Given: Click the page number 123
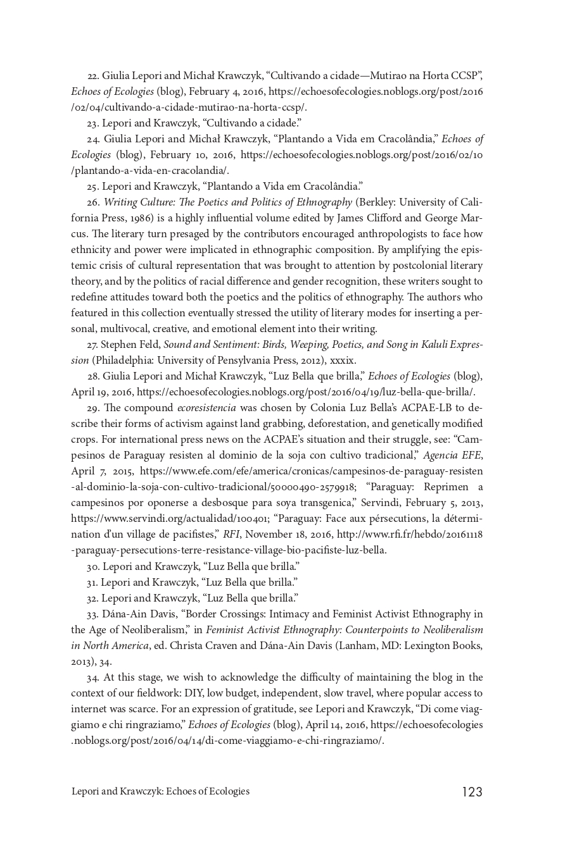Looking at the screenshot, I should click(x=472, y=791).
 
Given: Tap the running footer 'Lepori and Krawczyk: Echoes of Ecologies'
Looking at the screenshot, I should click(x=160, y=791).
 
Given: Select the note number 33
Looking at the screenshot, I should click(x=92, y=614).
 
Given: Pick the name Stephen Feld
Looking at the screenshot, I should click(x=131, y=345).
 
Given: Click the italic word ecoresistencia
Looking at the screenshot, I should click(x=206, y=408).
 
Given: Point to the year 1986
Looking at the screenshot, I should click(x=138, y=218).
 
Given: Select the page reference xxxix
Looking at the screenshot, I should click(x=343, y=361).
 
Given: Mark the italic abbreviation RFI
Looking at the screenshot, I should click(x=232, y=535).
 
